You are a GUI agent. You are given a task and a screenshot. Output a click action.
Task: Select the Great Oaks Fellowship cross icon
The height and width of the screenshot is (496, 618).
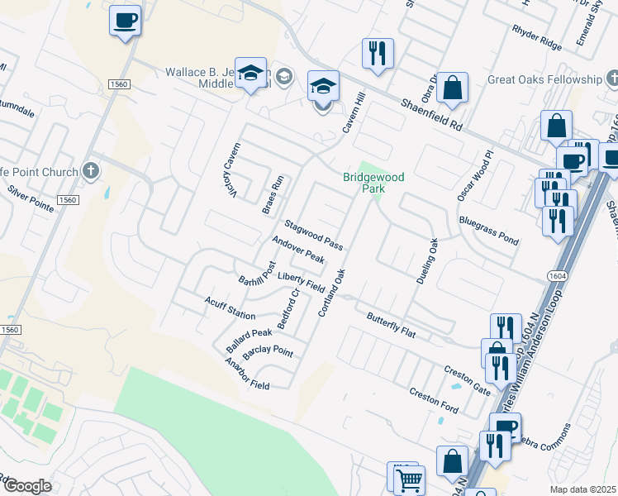(611, 79)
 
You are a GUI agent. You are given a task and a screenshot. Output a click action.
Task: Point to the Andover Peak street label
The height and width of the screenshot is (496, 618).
(298, 251)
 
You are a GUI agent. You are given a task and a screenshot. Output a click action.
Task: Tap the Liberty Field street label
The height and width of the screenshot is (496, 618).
(301, 281)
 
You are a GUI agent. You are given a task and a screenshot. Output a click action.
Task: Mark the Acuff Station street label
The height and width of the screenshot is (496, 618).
(230, 308)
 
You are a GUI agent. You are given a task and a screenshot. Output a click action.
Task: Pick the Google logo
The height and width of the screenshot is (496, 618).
(27, 485)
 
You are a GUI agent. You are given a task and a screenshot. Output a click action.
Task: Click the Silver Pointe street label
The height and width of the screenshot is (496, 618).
(31, 199)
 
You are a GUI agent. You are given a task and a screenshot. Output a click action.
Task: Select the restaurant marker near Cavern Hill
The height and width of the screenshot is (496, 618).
(377, 54)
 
